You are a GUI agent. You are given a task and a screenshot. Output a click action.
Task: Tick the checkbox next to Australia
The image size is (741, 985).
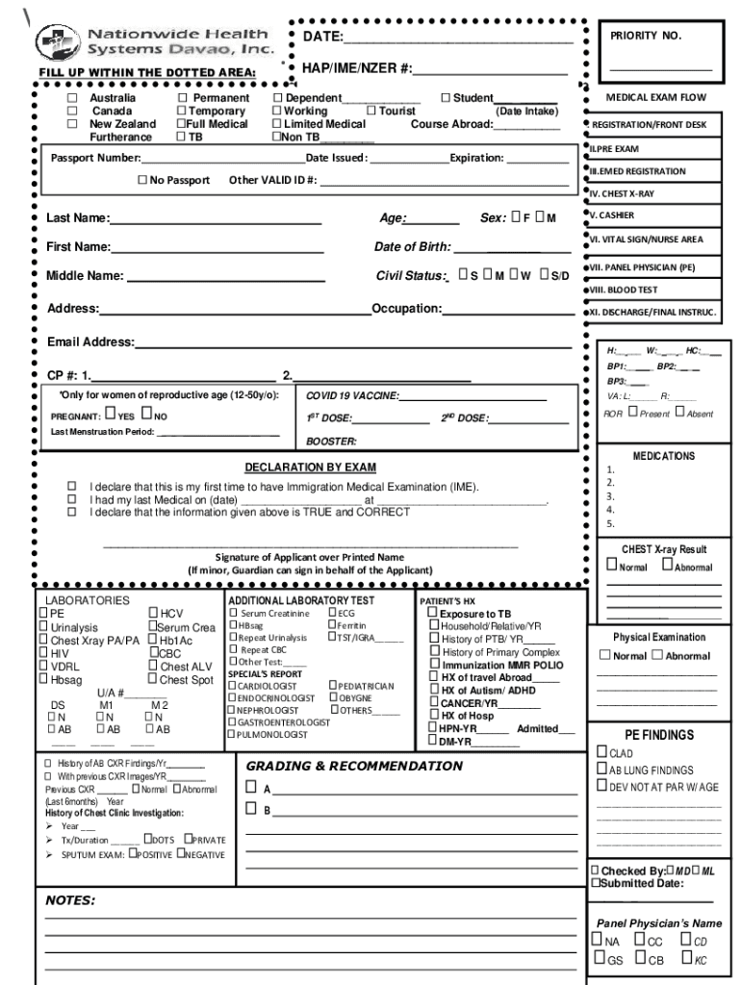pos(71,98)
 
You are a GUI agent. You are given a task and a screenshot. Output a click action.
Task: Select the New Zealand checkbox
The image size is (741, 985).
pos(71,124)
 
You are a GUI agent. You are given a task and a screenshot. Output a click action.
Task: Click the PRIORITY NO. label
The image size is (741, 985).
pos(645,36)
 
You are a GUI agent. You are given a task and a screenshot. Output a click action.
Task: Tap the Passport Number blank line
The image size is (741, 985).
pos(222,159)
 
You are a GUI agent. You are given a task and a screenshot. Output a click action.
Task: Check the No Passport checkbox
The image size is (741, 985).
pos(142,180)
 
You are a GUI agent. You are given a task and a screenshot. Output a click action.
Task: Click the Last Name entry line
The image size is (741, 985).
pos(215,219)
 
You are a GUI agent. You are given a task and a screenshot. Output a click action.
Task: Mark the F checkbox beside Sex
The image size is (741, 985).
pos(516,217)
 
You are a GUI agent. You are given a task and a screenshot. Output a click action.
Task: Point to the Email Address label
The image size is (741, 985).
pos(90,342)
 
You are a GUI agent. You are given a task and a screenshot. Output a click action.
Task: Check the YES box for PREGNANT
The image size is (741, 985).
pos(110,415)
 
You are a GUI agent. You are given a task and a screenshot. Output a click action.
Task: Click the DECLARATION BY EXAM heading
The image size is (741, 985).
pos(310,467)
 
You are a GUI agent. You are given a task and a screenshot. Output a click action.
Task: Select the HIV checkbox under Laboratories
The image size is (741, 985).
pos(43,652)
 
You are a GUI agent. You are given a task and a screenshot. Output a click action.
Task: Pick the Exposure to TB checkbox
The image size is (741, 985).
pos(433,613)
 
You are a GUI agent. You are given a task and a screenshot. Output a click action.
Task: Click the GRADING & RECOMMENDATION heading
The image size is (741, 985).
pos(354,766)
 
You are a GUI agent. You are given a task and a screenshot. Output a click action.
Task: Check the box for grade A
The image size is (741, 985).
pos(251,788)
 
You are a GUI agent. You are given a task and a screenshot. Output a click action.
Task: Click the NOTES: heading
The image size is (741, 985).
pos(70,900)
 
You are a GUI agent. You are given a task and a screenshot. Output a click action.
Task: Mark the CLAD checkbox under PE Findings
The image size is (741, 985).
pos(601,753)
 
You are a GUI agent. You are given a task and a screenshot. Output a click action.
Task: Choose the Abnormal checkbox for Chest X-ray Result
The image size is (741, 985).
pos(667,566)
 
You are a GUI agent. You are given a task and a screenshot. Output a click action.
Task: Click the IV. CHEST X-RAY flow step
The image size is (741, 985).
pos(623,193)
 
